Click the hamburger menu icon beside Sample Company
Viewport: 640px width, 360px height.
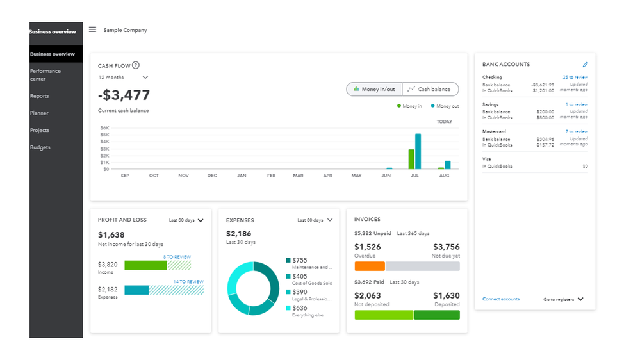point(92,29)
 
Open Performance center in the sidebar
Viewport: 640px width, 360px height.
point(45,75)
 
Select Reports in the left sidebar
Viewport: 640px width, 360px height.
point(39,96)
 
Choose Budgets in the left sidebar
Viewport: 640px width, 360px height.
point(40,147)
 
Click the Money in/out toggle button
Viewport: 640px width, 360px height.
point(374,89)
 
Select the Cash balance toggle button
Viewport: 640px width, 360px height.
point(430,89)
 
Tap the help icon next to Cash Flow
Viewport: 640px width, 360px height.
point(136,65)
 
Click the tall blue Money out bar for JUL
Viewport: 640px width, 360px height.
point(418,151)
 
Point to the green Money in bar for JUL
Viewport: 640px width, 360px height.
point(411,159)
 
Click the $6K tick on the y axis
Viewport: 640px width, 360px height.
point(105,127)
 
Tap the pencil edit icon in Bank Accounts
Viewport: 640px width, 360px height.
point(585,65)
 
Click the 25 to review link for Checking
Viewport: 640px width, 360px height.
point(575,78)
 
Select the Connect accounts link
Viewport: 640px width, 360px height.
point(500,299)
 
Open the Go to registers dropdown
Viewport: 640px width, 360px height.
point(563,299)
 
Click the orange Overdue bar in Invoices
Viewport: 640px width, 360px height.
point(370,266)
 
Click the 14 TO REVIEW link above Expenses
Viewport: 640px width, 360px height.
point(188,282)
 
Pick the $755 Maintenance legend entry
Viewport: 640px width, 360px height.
point(308,263)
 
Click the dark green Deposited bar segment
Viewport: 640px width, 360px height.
point(436,315)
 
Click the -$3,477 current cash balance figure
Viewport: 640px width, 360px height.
point(124,95)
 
